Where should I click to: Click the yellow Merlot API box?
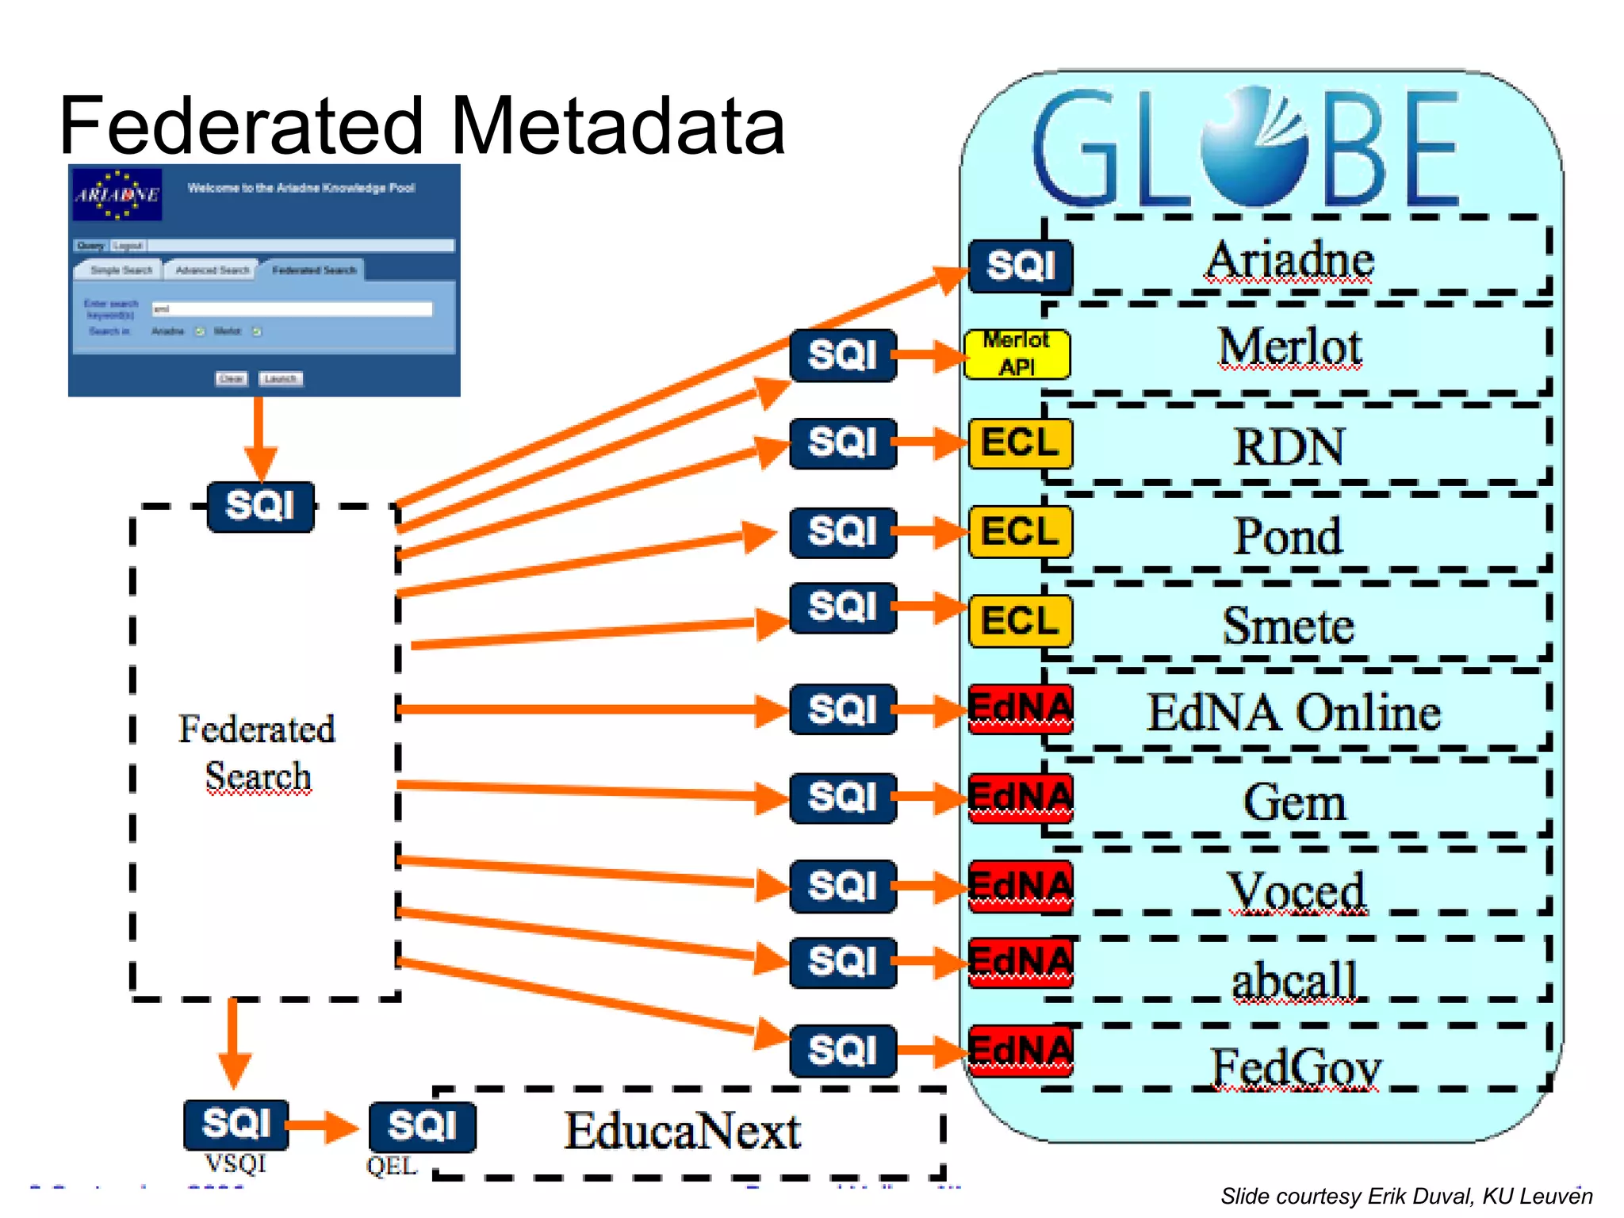1017,354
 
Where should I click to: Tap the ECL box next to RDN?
1020,443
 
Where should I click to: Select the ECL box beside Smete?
1020,621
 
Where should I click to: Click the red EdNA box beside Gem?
1021,798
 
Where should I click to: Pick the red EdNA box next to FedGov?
1021,1050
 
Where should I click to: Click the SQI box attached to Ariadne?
1021,266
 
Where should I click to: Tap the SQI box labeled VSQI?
236,1124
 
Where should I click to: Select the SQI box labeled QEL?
422,1126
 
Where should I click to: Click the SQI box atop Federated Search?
260,506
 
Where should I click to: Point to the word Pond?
1288,537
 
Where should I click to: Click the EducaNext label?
682,1132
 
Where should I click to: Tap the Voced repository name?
1297,891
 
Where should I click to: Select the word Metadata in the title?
618,126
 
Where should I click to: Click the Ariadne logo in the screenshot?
117,194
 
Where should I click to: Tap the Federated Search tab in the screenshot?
314,270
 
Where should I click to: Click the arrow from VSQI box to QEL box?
321,1125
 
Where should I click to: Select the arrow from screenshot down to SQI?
259,436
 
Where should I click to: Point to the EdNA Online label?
1293,713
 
